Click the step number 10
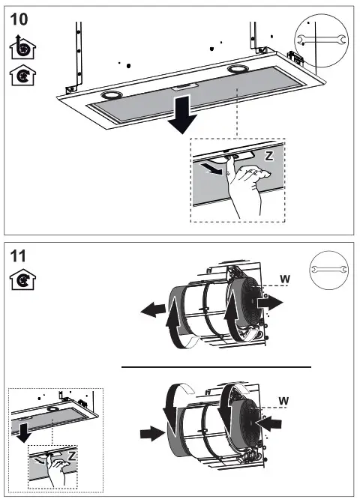(x=21, y=17)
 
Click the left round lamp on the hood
(x=112, y=96)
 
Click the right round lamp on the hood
(x=239, y=70)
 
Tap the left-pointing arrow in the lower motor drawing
(x=271, y=423)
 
